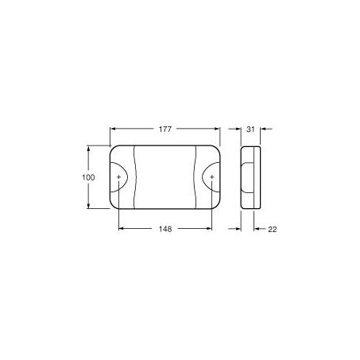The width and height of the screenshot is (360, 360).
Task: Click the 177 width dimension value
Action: tap(165, 130)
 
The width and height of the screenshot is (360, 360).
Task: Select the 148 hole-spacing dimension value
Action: tap(165, 229)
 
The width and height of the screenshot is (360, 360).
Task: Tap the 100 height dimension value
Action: tap(88, 177)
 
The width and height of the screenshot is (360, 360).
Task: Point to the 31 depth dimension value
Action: tap(250, 130)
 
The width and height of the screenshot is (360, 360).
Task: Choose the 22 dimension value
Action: tap(273, 229)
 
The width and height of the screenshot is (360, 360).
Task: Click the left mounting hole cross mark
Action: tap(118, 176)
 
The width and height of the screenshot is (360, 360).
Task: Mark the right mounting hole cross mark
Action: tap(211, 176)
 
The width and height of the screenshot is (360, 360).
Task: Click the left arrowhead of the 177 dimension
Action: tap(113, 129)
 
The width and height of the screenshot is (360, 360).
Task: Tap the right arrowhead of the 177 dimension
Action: tap(217, 129)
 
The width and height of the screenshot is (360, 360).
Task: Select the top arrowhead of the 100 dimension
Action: tap(88, 148)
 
